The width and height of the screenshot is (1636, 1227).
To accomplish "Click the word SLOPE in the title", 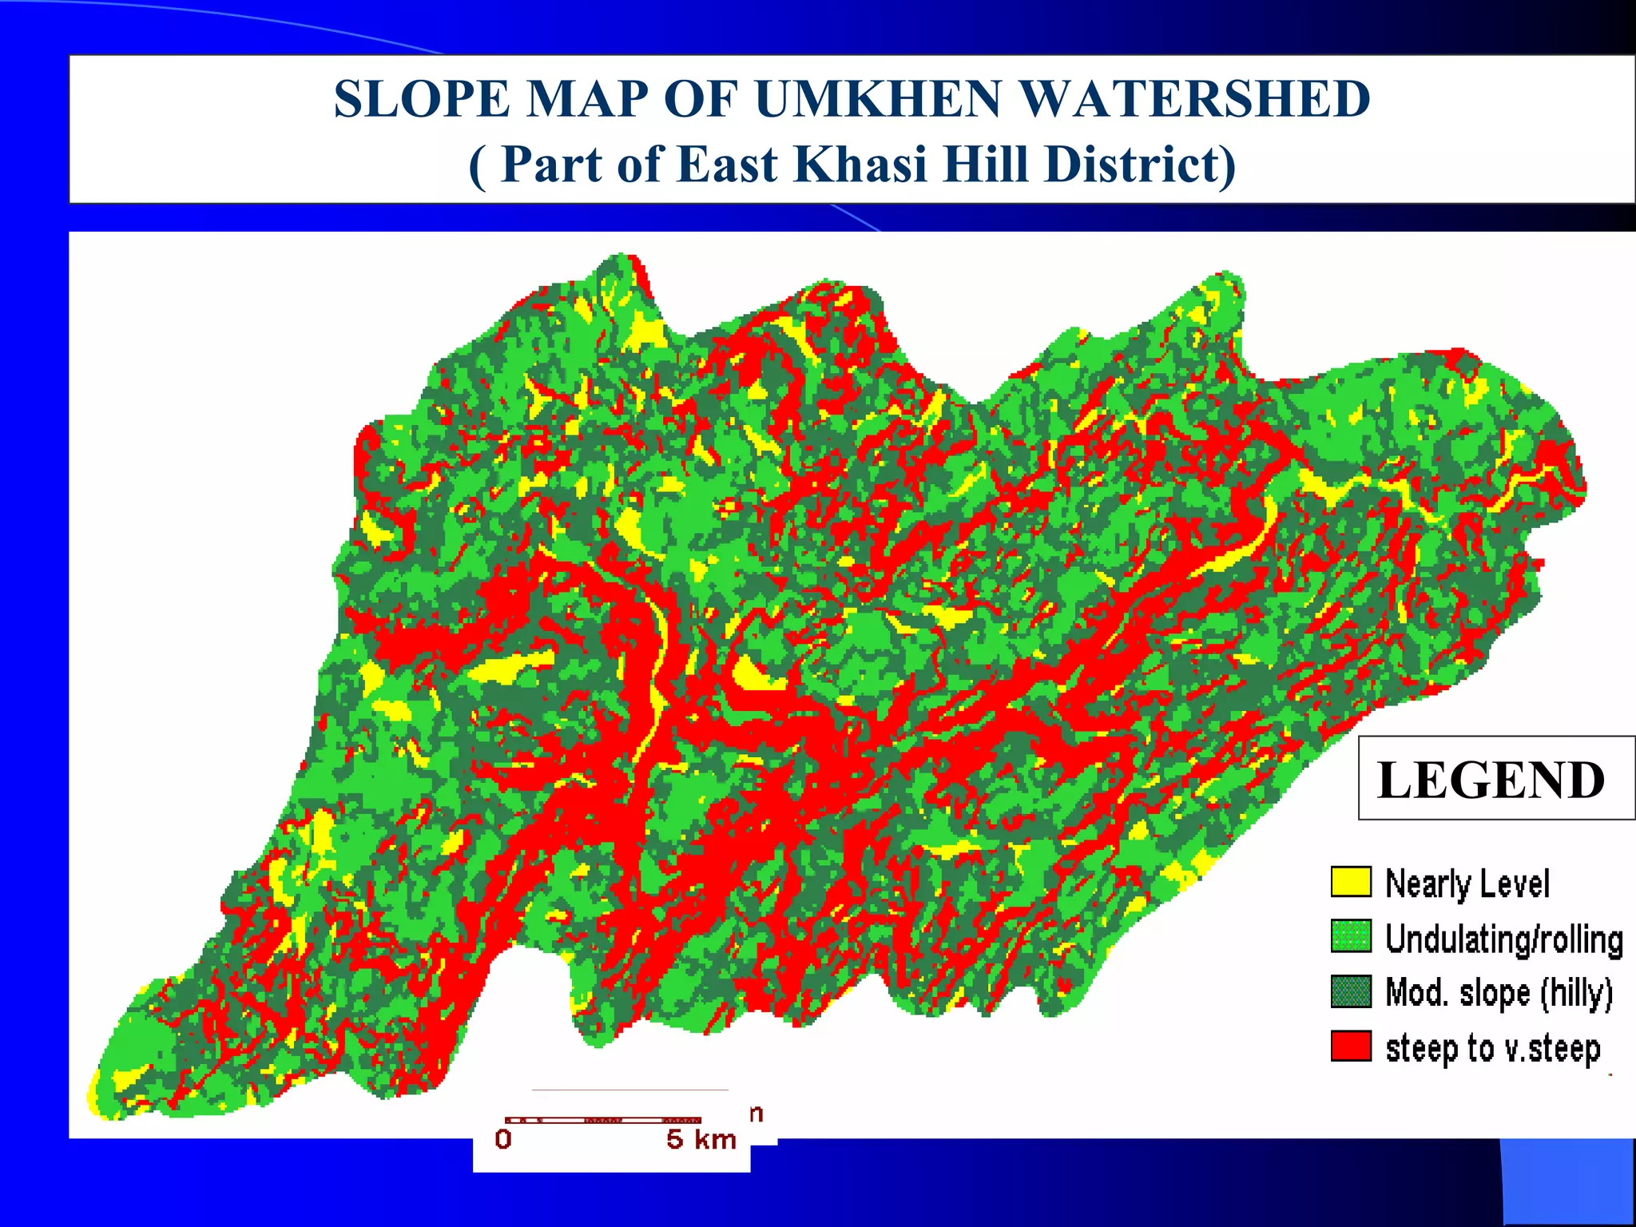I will [x=422, y=100].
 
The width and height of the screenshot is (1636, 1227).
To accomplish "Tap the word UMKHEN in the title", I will [x=877, y=100].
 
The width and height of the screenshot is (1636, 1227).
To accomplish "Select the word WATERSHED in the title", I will [x=1196, y=100].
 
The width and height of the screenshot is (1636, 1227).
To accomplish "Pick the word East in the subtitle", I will [x=727, y=165].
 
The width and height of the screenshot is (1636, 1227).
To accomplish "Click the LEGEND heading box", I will [x=1491, y=779].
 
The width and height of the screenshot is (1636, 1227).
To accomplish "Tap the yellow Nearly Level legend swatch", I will [x=1351, y=882].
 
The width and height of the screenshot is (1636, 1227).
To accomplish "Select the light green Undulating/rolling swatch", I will [x=1351, y=937].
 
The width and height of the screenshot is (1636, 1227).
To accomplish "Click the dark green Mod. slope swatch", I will [x=1351, y=992].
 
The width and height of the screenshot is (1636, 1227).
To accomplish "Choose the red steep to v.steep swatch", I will [x=1351, y=1046].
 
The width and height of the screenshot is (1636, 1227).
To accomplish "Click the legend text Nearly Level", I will [x=1467, y=884].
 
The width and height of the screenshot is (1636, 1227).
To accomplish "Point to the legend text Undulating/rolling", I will [x=1503, y=939].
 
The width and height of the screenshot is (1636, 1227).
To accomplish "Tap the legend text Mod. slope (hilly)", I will [x=1499, y=994].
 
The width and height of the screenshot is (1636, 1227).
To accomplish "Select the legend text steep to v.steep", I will [x=1492, y=1048].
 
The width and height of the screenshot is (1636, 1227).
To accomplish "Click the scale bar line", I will [x=603, y=1120].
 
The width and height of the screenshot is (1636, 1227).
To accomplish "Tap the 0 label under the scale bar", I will [x=503, y=1140].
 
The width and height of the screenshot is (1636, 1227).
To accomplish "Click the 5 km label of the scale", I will [x=701, y=1140].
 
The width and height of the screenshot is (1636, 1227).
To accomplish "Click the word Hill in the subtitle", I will [x=986, y=165].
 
